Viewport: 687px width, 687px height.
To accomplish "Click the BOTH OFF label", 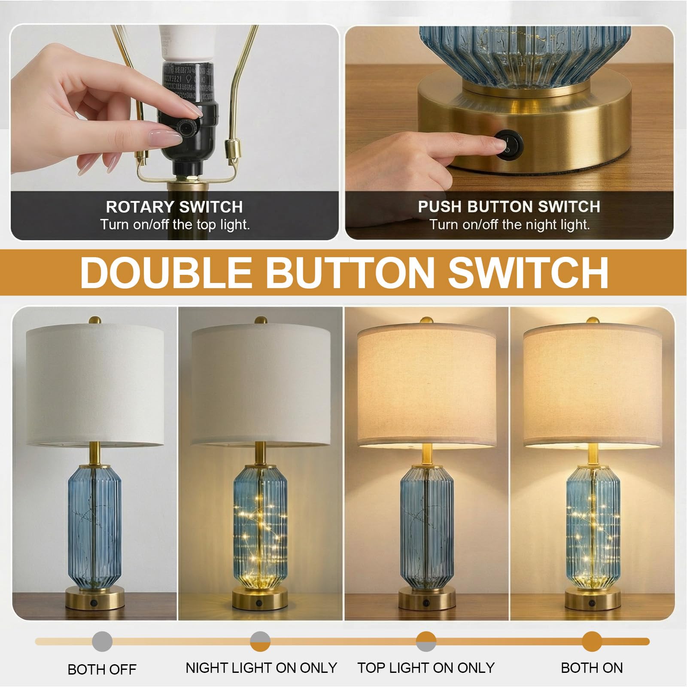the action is pyautogui.click(x=102, y=669).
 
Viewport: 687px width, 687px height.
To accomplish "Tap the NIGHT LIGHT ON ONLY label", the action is pyautogui.click(x=261, y=668).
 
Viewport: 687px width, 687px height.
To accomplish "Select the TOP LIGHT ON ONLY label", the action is pyautogui.click(x=426, y=668).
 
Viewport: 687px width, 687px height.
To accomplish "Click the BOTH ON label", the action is pyautogui.click(x=592, y=668).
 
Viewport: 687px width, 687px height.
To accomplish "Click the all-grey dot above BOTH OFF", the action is pyautogui.click(x=102, y=642).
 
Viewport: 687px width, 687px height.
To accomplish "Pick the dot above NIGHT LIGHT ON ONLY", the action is pyautogui.click(x=260, y=642).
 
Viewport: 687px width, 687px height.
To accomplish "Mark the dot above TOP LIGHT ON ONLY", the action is pyautogui.click(x=426, y=642).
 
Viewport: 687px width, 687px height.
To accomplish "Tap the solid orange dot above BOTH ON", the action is pyautogui.click(x=592, y=642).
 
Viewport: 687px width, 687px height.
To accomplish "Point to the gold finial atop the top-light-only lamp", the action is pyautogui.click(x=426, y=321).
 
